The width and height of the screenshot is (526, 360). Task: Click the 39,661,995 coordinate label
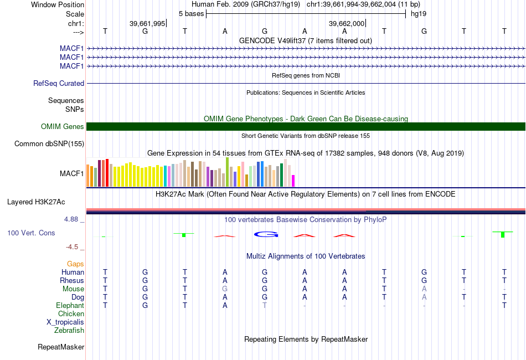(147, 23)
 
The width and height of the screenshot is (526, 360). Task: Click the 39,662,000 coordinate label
(347, 23)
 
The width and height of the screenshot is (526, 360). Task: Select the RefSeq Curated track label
(59, 83)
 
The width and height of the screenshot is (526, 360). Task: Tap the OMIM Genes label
(63, 127)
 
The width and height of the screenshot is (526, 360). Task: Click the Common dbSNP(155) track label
(49, 144)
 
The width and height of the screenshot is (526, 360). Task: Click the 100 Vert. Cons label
(31, 233)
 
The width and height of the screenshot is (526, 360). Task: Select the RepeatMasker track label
(61, 347)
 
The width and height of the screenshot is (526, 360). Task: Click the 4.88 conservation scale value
(73, 219)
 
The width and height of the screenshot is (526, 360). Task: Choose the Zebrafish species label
(69, 331)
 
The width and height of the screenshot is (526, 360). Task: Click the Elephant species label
(70, 305)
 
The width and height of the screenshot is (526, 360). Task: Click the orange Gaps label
(75, 264)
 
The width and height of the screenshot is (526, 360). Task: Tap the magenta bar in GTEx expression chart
(293, 181)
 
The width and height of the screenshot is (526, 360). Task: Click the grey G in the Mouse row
(225, 289)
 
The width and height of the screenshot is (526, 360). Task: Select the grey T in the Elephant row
(265, 305)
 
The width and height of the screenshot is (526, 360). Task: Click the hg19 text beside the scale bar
(418, 13)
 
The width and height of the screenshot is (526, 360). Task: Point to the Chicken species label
(71, 314)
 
